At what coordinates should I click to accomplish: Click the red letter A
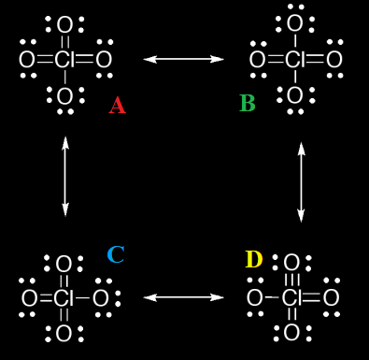117,105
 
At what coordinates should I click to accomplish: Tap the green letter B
247,103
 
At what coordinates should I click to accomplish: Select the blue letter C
115,254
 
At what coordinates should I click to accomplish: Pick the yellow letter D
253,259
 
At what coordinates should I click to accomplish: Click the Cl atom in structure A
64,61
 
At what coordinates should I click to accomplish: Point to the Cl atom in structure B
294,61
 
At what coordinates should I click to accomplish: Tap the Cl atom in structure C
64,299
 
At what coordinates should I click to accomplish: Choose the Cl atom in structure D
292,299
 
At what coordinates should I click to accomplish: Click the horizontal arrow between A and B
184,59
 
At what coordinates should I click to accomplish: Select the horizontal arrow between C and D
184,297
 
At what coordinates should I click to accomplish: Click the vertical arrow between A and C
64,176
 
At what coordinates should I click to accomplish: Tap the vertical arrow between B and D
301,181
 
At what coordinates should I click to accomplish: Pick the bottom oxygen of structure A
64,96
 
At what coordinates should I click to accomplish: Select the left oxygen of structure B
257,61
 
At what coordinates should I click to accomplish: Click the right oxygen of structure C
101,299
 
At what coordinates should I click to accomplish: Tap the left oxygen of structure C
29,299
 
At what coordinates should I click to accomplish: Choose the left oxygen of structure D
254,299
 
